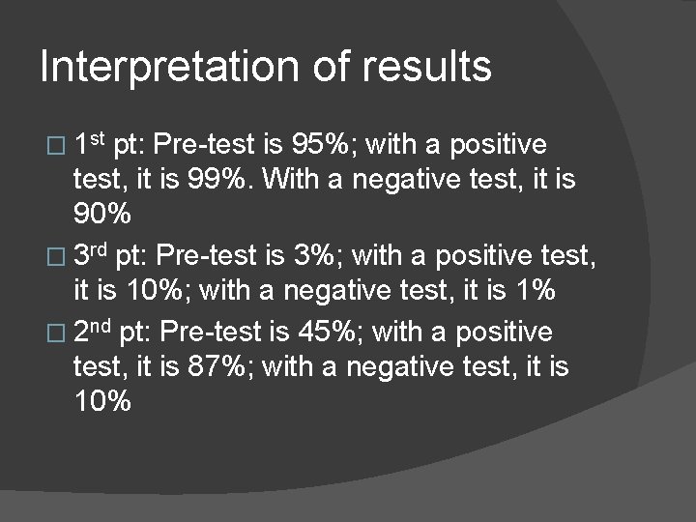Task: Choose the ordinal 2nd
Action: point(94,333)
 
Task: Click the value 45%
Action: point(333,333)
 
